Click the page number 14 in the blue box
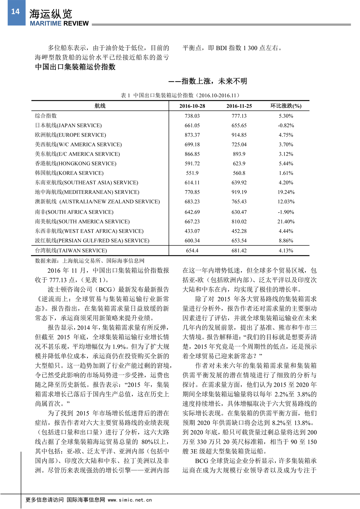click(x=15, y=12)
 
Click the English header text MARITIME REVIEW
click(x=59, y=23)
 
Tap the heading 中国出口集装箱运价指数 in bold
click(x=75, y=67)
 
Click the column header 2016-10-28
click(x=192, y=106)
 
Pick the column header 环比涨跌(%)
click(x=286, y=106)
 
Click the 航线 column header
click(x=100, y=106)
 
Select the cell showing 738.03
click(x=192, y=116)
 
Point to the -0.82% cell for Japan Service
click(x=286, y=125)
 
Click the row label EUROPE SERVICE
click(x=70, y=135)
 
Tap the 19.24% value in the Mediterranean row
click(x=286, y=192)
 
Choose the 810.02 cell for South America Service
click(x=239, y=222)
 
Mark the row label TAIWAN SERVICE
click(x=71, y=250)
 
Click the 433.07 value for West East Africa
click(x=192, y=231)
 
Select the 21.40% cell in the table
click(x=286, y=222)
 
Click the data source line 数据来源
click(x=89, y=261)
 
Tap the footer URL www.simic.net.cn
click(x=130, y=500)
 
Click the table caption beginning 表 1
click(x=180, y=95)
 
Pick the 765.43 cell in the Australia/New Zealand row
click(x=239, y=202)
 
